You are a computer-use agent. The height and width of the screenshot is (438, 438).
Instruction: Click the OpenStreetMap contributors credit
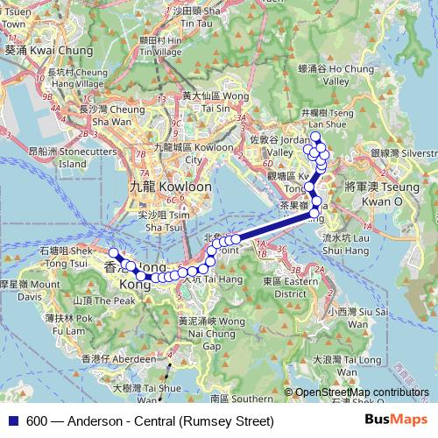(361, 393)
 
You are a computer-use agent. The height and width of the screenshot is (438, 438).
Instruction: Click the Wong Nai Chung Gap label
(212, 328)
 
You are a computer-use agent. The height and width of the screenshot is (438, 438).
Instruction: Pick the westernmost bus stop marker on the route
(113, 253)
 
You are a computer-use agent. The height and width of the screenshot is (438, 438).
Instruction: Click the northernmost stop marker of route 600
(315, 136)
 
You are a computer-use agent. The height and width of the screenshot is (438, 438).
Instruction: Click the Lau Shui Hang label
(337, 243)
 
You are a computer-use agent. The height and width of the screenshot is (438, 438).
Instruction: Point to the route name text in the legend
(150, 421)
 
